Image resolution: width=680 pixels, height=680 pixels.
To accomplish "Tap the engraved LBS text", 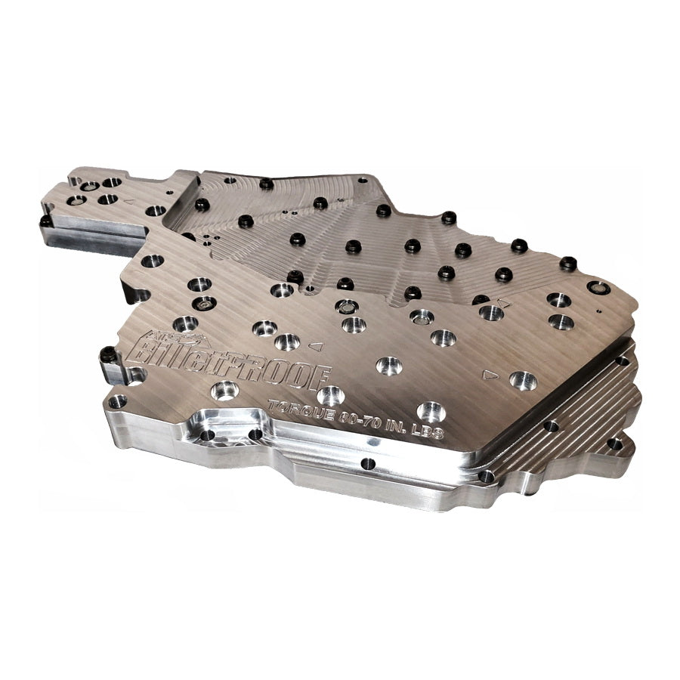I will point(425,435).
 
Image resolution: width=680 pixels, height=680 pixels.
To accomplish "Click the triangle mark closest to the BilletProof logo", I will point(317,346).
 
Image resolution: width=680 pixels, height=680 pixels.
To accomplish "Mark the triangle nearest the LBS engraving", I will point(490,373).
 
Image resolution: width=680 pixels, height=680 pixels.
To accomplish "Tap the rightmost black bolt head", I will point(567,264).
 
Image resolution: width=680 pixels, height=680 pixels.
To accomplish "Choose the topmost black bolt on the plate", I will point(266,184).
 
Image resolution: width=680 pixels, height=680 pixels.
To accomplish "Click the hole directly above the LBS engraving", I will point(430,411).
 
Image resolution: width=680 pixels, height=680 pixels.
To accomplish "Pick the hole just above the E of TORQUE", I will point(330,394).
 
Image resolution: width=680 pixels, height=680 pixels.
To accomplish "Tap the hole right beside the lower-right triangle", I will point(522,380).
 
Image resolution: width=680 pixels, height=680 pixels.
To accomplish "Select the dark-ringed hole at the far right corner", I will point(598,287).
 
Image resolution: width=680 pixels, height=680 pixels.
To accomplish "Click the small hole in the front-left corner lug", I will point(118,401).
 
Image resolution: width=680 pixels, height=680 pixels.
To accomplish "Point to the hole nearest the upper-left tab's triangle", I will point(155,210).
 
